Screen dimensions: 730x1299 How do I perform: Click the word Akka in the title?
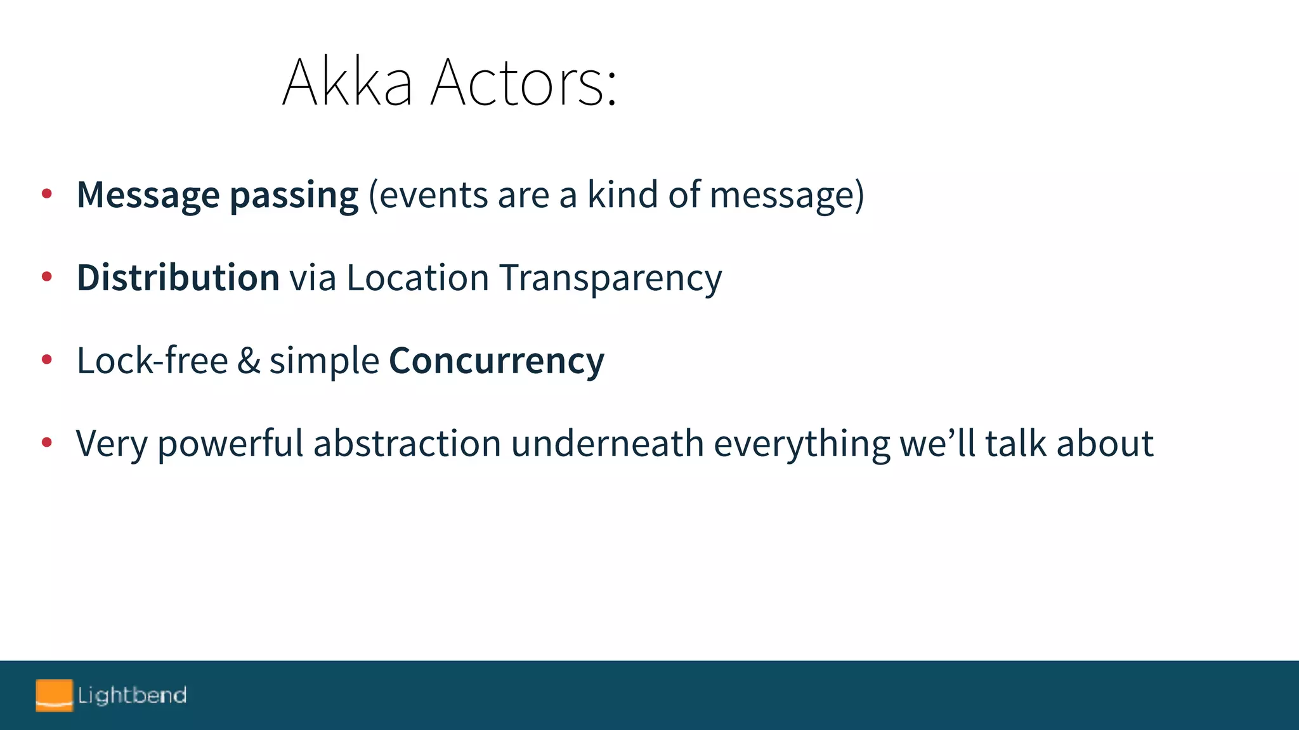coord(348,82)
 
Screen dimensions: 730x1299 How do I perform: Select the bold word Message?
coord(148,195)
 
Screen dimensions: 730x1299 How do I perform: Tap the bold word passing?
coord(294,195)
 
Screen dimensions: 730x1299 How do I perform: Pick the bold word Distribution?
coord(178,278)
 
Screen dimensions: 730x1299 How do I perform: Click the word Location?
coord(417,278)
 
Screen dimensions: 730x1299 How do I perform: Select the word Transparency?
coord(610,279)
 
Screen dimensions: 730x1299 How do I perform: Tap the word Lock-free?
coord(152,361)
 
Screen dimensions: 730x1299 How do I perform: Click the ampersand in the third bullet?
coord(249,361)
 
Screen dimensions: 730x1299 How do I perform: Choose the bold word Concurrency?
coord(497,361)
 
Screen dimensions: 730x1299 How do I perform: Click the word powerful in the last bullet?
coord(230,444)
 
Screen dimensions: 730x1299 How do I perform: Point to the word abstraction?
coord(407,443)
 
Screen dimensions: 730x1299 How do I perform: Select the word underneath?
coord(607,443)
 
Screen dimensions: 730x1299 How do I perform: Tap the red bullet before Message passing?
coord(46,194)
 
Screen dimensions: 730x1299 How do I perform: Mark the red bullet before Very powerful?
coord(46,442)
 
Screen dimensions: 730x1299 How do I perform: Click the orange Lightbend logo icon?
coord(54,695)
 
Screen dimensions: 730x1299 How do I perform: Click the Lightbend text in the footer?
coord(132,695)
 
